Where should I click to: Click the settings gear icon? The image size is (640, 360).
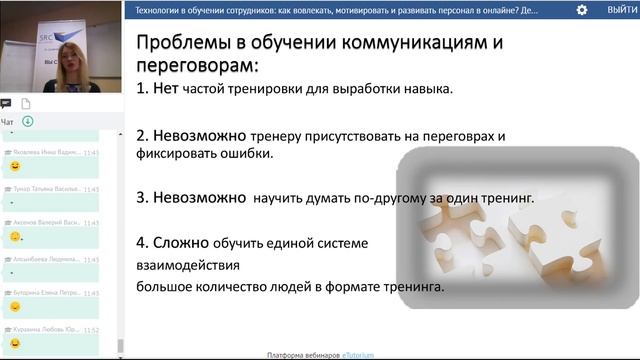tap(582, 9)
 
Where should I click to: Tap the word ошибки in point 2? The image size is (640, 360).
tap(246, 155)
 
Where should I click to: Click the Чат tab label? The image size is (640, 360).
tap(7, 121)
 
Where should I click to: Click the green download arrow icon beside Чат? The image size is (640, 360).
tap(27, 121)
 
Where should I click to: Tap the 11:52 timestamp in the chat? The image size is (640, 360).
tap(92, 327)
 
